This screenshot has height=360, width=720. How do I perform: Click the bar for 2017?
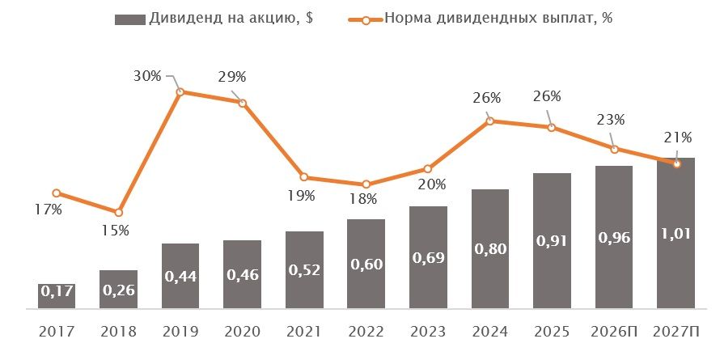coord(57,295)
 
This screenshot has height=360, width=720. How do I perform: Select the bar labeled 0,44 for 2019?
coord(180,275)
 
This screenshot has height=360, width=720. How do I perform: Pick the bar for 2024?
coord(490,248)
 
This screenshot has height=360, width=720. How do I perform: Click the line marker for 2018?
coord(119,212)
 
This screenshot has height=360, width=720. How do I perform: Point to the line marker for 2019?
coord(180,91)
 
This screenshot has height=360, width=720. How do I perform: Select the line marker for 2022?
coord(366,184)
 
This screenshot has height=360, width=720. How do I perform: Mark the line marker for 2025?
coord(552,127)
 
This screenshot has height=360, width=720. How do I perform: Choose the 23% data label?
coord(611,119)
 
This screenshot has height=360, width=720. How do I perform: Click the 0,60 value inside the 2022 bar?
coord(366,264)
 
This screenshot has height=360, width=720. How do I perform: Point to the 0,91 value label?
coord(552,240)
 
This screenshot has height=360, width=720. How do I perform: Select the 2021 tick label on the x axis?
coord(304,332)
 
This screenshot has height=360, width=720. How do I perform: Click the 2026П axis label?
coord(614,332)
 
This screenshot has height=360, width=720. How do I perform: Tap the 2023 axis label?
coord(428,332)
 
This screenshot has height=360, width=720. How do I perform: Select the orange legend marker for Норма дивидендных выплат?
coord(366,19)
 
